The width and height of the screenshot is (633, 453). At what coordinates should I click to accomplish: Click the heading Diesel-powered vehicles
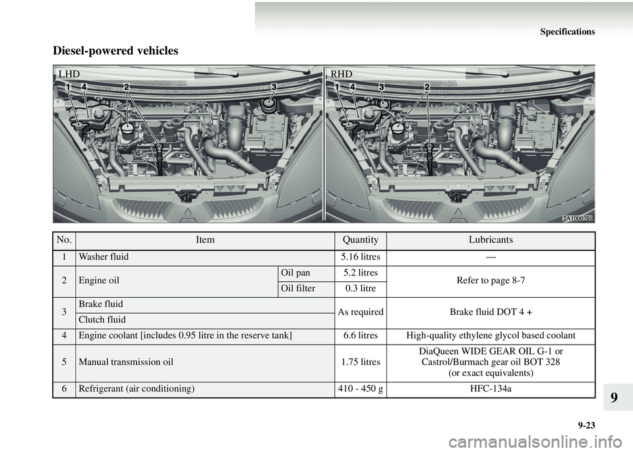click(x=115, y=51)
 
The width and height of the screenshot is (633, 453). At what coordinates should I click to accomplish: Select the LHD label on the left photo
click(x=69, y=74)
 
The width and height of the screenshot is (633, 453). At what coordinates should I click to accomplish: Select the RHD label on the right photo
click(x=342, y=74)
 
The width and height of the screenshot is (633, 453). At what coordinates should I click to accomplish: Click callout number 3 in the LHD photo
click(x=274, y=87)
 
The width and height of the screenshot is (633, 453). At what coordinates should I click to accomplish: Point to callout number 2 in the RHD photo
click(x=427, y=87)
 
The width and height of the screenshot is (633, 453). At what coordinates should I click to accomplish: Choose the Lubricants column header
click(x=491, y=240)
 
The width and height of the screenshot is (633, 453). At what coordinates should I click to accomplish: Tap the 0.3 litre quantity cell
click(x=361, y=289)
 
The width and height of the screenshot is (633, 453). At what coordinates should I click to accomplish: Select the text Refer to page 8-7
click(x=491, y=281)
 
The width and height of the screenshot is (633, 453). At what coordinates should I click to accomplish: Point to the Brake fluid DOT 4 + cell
click(x=491, y=312)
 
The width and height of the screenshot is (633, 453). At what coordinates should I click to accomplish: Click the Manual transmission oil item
click(x=126, y=362)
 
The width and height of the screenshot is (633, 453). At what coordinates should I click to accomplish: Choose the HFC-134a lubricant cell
click(x=491, y=390)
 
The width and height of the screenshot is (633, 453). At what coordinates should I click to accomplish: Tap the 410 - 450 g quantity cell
click(x=361, y=390)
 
